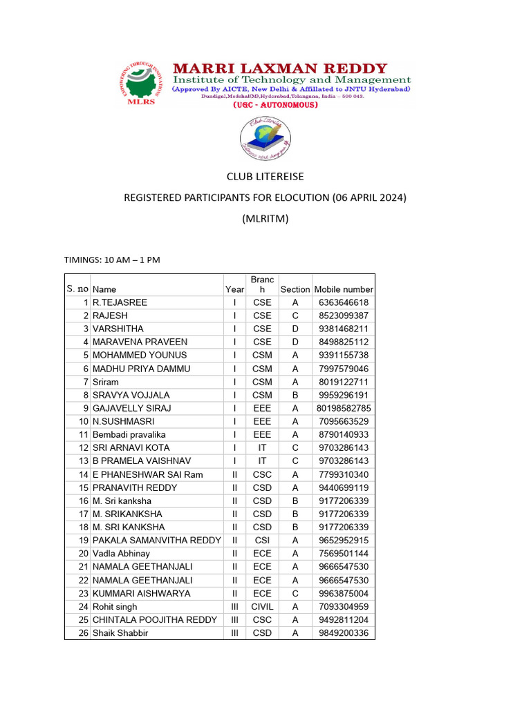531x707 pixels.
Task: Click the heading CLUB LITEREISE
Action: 265,177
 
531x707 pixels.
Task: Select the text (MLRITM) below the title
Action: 265,219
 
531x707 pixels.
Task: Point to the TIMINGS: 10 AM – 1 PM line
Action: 112,260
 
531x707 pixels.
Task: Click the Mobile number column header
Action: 344,289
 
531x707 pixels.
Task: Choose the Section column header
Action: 295,289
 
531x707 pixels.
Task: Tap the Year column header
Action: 234,289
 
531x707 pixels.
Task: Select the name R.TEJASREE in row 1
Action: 120,302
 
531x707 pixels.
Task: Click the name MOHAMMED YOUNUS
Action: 140,355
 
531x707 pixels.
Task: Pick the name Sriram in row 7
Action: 106,382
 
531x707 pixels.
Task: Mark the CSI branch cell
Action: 262,540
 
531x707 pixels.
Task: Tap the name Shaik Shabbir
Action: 120,633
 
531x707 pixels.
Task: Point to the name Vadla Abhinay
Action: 121,554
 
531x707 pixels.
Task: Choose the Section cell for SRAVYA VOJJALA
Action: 295,395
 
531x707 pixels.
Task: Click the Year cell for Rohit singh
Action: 234,607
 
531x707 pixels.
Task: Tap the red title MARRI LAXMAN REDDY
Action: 279,68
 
